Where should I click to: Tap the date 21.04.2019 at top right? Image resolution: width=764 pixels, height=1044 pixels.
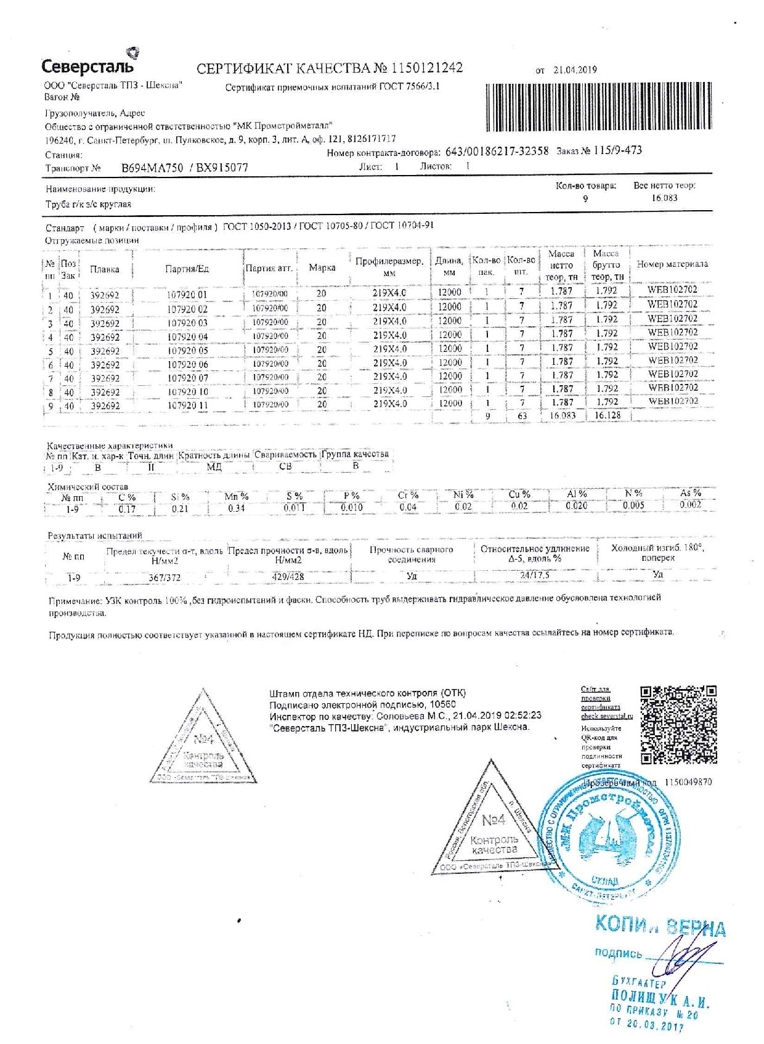(x=575, y=70)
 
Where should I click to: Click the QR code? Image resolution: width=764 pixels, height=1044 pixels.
(x=678, y=725)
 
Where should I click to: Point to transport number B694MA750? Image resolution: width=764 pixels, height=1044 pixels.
(x=152, y=168)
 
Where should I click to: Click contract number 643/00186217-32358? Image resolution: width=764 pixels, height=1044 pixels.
(x=497, y=151)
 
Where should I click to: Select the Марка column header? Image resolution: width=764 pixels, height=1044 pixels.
(x=322, y=267)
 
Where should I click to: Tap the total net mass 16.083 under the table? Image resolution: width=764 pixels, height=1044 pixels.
(x=562, y=416)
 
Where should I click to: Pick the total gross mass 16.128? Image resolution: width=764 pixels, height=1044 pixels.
(x=607, y=416)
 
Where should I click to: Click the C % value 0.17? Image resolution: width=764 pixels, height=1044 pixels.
(x=127, y=509)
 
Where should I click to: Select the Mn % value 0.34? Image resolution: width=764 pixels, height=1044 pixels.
(x=236, y=508)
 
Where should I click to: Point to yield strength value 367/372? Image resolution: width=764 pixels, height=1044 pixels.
(x=165, y=577)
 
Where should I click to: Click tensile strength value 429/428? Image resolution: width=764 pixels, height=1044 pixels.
(x=288, y=577)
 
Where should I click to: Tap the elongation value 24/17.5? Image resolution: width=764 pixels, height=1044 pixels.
(x=534, y=575)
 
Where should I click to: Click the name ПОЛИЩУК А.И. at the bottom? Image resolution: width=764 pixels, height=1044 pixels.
(x=659, y=998)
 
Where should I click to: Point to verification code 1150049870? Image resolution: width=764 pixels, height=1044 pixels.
(x=688, y=782)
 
